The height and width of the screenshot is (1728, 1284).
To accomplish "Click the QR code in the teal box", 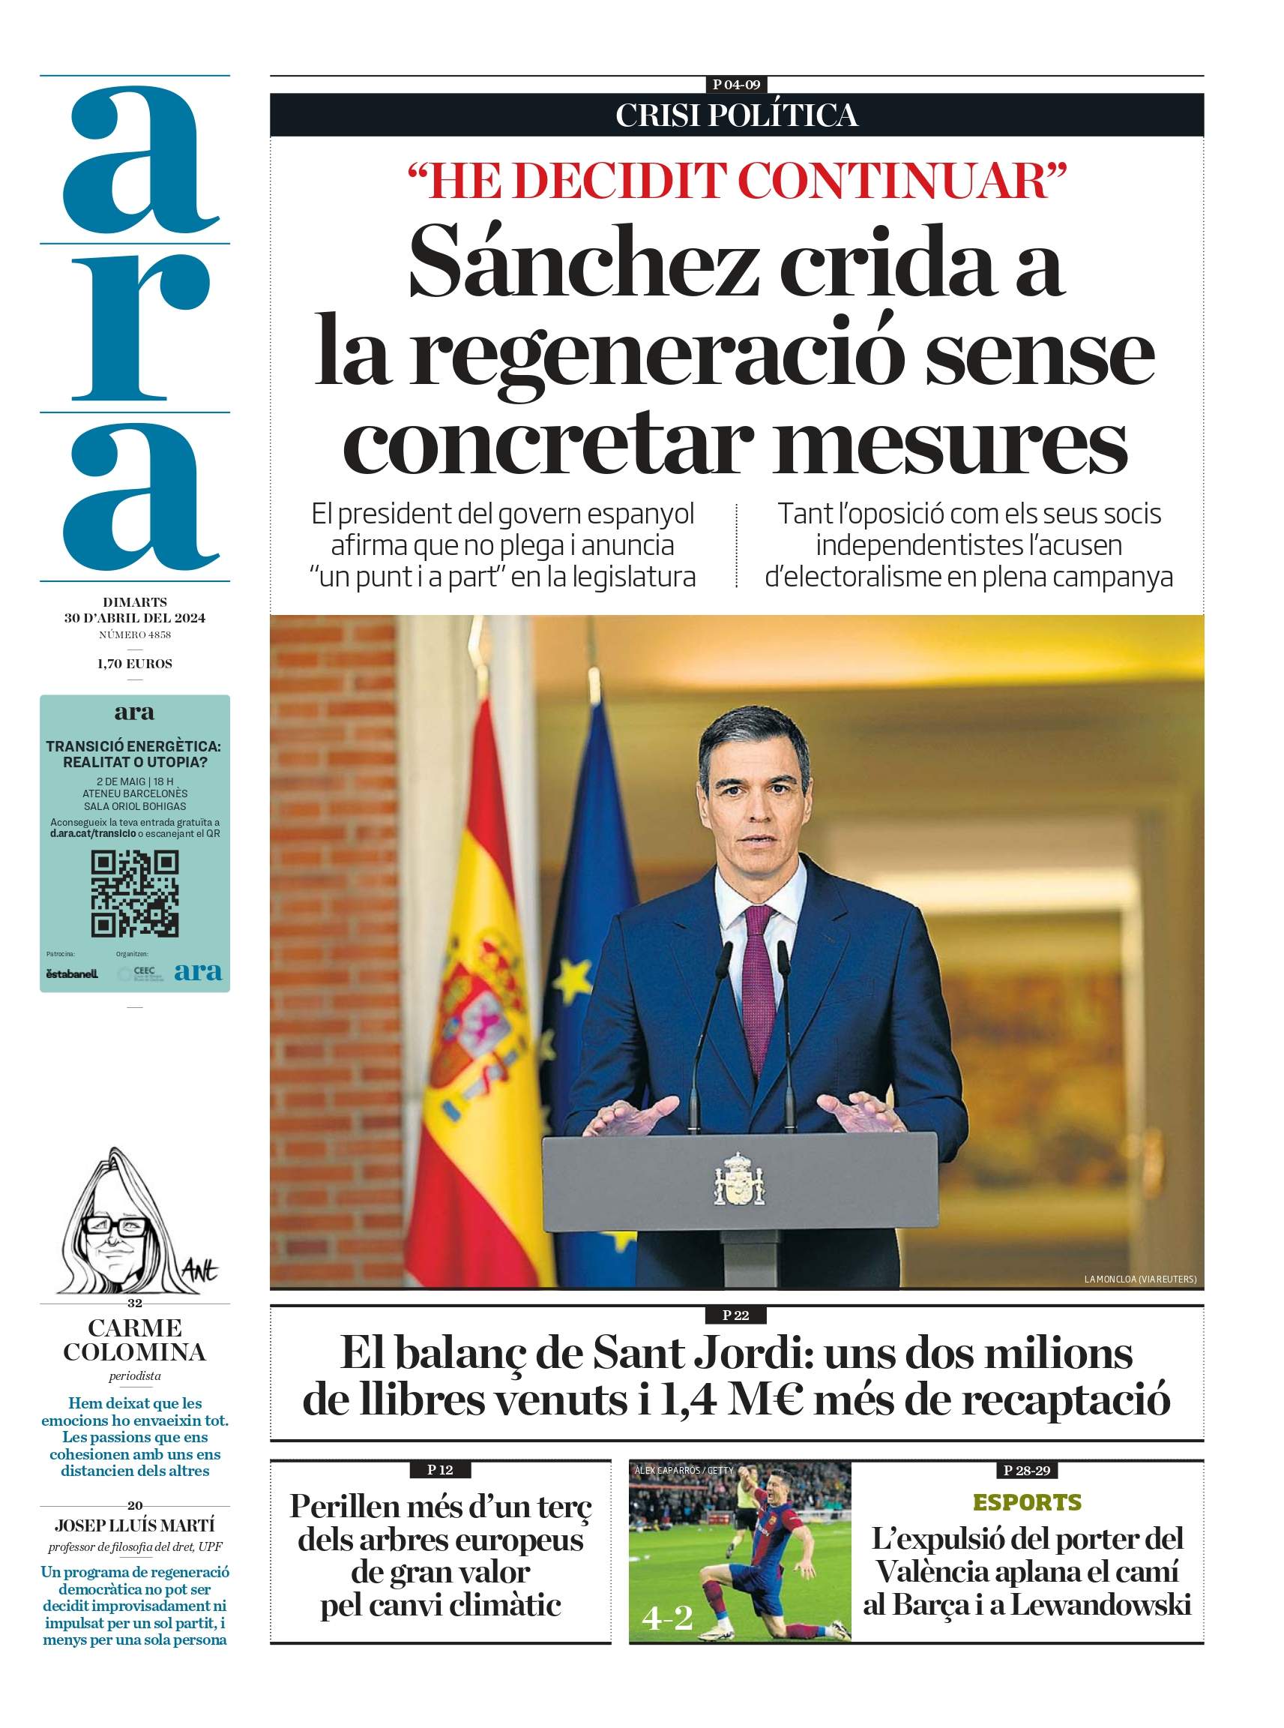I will pos(134,893).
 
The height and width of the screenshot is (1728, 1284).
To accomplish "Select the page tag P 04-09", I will pos(736,85).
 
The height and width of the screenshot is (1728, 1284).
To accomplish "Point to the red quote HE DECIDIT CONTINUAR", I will pos(737,181).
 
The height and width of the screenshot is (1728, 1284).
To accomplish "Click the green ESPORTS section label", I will pos(1027,1502).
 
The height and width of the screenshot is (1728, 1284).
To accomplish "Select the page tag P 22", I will pos(735,1315).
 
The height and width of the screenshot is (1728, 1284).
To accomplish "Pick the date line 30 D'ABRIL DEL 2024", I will pos(134,618).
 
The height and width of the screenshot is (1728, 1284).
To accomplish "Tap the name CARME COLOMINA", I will pos(134,1340).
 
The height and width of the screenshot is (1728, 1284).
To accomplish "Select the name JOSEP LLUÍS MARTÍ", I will pos(134,1525).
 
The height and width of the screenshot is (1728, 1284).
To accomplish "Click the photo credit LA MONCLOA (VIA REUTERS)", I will pos(1139,1279).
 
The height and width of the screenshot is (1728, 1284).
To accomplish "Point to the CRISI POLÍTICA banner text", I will pos(736,115).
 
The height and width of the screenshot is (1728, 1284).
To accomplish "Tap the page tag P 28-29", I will pos(1027,1470).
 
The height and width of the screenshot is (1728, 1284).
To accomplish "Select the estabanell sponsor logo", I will pos(71,973).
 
